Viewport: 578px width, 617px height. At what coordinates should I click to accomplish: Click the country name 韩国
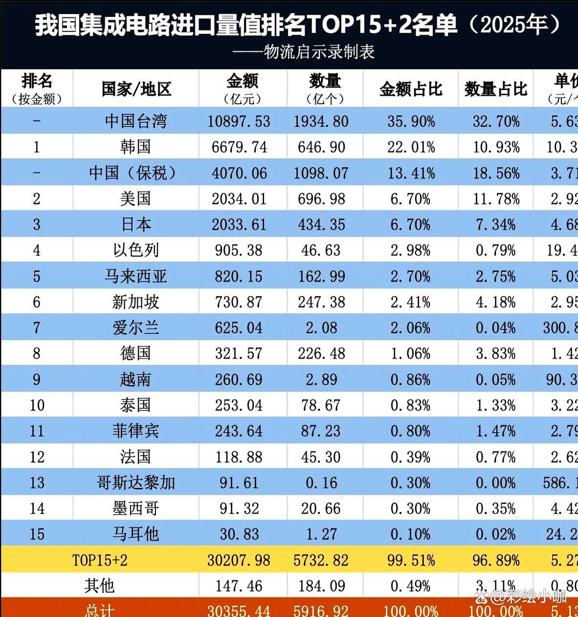[135, 147]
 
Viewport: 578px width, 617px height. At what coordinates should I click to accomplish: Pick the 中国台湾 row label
[135, 121]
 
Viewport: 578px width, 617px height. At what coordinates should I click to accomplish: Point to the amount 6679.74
[239, 147]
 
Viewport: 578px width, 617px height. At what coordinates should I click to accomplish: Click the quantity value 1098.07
[321, 173]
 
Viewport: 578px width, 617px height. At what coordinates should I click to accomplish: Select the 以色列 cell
[135, 250]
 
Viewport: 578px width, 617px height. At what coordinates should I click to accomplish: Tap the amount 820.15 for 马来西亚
[239, 276]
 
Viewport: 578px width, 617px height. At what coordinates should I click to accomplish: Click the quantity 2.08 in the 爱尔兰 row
[321, 328]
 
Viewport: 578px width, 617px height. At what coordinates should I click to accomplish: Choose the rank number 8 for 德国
[37, 353]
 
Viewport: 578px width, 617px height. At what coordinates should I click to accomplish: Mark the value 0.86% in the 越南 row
[410, 379]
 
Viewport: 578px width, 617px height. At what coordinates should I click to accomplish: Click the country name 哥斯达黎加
[135, 483]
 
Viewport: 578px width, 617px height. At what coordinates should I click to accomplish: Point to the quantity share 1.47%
[495, 431]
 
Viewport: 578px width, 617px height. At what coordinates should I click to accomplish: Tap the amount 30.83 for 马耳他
[239, 534]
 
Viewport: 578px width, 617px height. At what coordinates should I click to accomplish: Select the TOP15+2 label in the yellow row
[100, 560]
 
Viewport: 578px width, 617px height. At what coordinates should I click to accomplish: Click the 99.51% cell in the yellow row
[411, 560]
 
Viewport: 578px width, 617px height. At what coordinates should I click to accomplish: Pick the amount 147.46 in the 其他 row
[239, 586]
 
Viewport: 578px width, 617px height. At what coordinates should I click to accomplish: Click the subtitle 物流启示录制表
[319, 52]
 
